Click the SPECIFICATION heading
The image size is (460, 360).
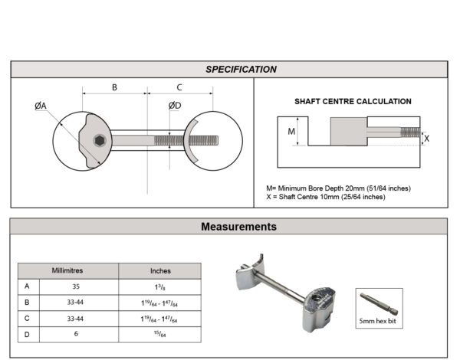coord(241,70)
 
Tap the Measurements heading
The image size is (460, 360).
coord(238,227)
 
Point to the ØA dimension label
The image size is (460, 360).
coord(41,106)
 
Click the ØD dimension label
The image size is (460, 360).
coord(175,106)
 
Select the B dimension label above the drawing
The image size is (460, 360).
coord(114,87)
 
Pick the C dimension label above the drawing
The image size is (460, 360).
coord(179,87)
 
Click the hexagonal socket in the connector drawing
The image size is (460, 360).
coord(100,141)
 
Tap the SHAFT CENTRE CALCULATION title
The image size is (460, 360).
coord(353,101)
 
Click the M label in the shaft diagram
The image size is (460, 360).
coord(291,132)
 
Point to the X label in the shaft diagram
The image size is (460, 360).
coord(426,139)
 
